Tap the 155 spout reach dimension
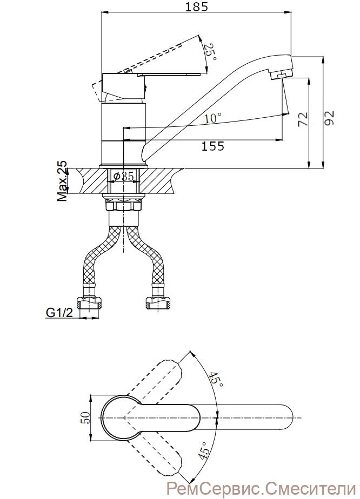click(x=212, y=146)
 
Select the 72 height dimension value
click(x=303, y=119)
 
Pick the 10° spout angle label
click(x=213, y=118)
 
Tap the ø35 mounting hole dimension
click(x=124, y=176)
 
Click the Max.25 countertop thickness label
click(x=63, y=181)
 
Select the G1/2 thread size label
click(x=59, y=313)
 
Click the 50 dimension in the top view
click(x=85, y=417)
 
